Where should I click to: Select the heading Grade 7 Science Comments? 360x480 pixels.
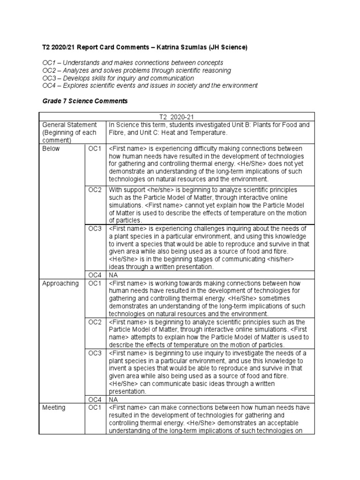[x=84, y=101]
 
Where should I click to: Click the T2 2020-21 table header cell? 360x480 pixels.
[x=177, y=116]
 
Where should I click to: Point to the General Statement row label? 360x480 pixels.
[x=69, y=125]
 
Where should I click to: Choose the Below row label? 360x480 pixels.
[x=51, y=149]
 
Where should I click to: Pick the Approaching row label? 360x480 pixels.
[x=60, y=283]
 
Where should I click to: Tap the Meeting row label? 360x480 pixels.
[x=54, y=407]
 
